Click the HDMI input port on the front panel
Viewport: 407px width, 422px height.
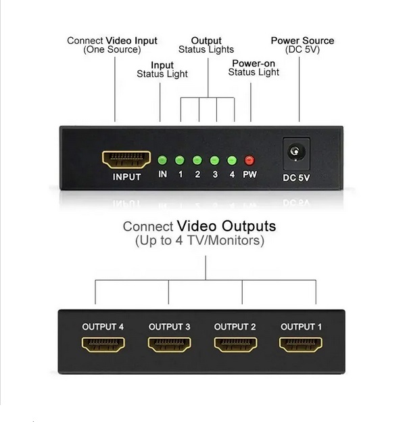126,160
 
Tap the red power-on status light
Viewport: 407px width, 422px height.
249,160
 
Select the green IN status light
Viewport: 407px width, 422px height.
162,160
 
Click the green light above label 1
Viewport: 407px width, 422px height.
180,160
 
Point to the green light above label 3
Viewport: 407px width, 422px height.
214,160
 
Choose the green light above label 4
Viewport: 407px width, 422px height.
232,160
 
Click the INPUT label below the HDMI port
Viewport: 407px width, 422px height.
126,177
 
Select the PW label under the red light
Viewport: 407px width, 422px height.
249,174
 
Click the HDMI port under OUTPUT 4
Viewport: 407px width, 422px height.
103,344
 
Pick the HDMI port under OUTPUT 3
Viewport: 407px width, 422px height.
169,344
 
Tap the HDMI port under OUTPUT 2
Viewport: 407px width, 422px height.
235,344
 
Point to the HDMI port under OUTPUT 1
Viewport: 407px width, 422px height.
301,344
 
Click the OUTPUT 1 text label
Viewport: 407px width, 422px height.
302,327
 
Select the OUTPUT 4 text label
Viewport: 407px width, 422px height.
103,327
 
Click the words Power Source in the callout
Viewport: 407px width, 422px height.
302,41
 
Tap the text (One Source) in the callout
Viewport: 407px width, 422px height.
112,50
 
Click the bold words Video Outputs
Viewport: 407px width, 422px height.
226,226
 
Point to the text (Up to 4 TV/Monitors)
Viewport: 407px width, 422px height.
199,241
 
